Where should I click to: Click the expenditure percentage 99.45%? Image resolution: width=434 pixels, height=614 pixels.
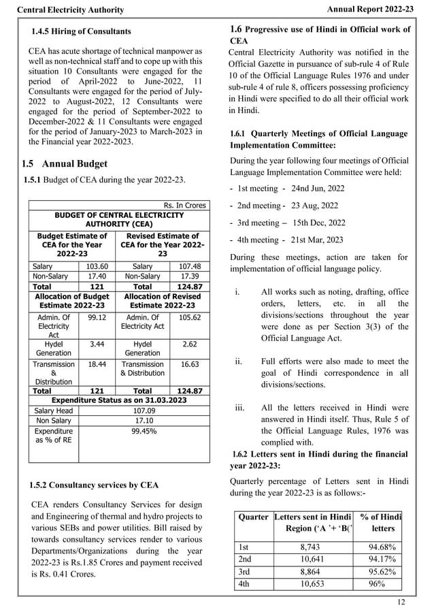click(x=143, y=431)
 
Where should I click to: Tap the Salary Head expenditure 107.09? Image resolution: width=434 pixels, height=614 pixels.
click(x=143, y=411)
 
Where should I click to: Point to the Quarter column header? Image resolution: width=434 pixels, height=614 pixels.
click(x=253, y=517)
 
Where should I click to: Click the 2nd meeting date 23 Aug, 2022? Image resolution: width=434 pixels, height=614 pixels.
click(x=314, y=205)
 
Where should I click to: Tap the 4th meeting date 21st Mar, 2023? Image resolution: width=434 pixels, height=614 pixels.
click(x=317, y=240)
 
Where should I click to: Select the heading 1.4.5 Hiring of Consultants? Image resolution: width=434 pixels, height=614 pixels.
click(x=82, y=32)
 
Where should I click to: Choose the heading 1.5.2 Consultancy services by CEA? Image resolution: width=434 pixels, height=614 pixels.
click(x=94, y=485)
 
